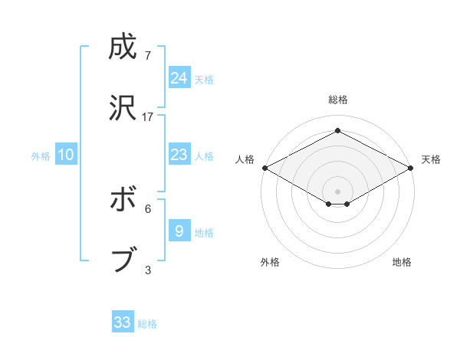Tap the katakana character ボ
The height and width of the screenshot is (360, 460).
coord(122,201)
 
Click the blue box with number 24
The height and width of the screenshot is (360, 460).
coord(179,78)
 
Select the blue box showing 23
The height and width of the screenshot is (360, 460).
coord(179,155)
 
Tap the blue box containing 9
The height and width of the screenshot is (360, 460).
coord(179,231)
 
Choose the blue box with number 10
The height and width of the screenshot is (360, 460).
coord(66,155)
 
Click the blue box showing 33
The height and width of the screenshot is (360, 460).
coord(123,322)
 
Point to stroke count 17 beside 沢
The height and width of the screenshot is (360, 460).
coord(148,116)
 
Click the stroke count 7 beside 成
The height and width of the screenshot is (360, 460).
coord(148,56)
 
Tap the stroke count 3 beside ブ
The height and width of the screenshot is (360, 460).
coord(148,269)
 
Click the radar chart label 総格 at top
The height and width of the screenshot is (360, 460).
coord(337,100)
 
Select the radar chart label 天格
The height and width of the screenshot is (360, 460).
coord(431,159)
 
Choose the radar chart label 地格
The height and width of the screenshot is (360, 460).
coord(402,262)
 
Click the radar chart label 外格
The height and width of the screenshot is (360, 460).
coord(270,262)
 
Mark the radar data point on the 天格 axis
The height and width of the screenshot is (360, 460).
coord(411,168)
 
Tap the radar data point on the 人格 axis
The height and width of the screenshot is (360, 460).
coord(264,168)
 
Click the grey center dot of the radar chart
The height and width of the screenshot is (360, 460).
coord(337,191)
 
